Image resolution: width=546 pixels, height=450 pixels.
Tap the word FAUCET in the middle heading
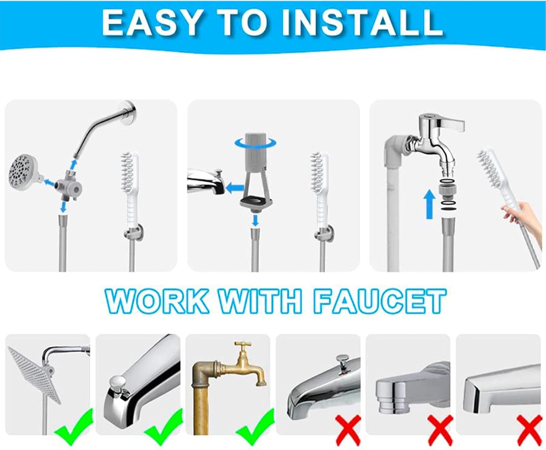(380, 301)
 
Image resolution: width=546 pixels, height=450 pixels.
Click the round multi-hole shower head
(24, 172)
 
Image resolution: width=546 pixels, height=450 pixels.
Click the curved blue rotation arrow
(255, 143)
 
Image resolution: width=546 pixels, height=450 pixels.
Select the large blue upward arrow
(430, 204)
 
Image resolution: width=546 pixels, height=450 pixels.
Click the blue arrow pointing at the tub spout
(234, 188)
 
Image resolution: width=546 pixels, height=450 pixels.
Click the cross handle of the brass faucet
(242, 345)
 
